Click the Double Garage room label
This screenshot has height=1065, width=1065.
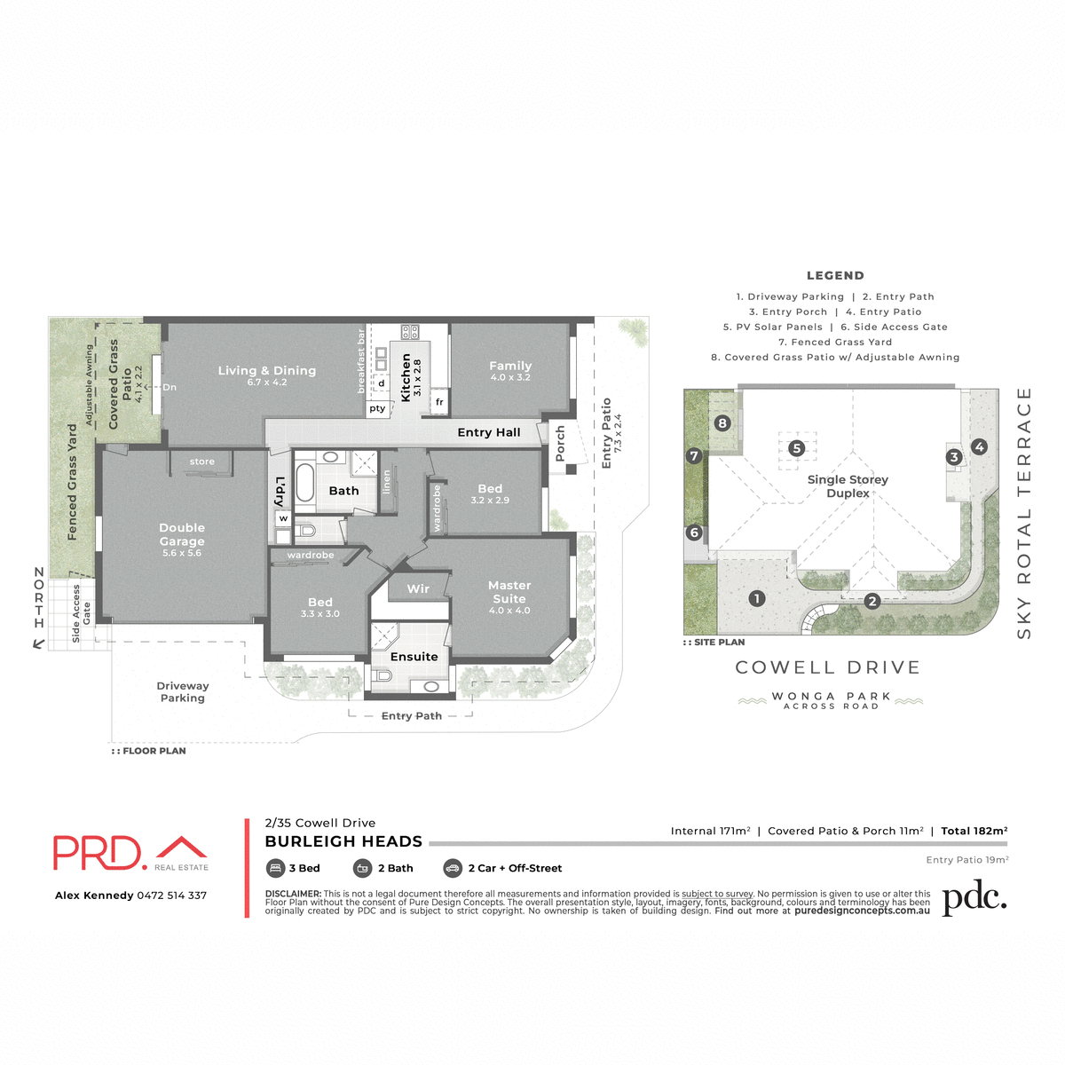pos(182,535)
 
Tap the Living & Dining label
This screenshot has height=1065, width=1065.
pos(267,371)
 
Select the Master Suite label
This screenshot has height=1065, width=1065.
pos(509,592)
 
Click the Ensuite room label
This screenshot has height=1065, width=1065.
pos(414,657)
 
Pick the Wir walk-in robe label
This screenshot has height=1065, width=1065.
pos(418,588)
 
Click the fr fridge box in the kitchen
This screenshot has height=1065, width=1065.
pos(439,402)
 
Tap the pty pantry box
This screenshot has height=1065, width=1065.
pos(377,408)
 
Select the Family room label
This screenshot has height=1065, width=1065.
pos(510,366)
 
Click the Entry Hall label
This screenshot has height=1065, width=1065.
pos(489,432)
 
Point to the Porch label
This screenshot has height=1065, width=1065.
pos(560,443)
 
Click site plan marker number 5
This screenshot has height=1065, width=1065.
pos(797,448)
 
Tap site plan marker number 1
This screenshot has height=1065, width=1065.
pos(757,598)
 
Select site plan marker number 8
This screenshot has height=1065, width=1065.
pos(722,423)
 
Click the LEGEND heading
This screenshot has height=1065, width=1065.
pos(835,275)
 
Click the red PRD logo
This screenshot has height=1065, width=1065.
pos(98,853)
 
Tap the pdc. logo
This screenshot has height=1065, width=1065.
pos(974,898)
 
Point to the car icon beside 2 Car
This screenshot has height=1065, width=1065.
pos(453,868)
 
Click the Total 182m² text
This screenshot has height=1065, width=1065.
pos(974,832)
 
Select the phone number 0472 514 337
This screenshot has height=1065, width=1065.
pos(172,895)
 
